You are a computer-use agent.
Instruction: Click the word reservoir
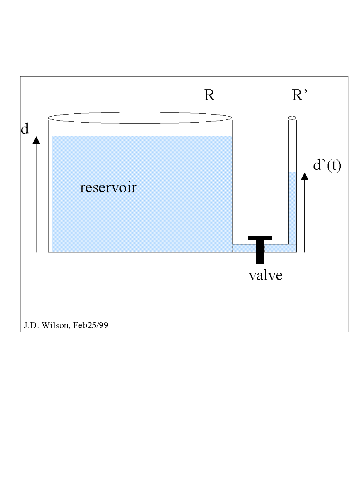point(108,188)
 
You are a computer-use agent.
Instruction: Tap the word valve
point(265,275)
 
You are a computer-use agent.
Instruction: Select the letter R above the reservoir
point(210,95)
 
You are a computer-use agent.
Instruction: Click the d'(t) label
point(327,165)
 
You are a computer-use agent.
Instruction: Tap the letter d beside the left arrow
point(25,129)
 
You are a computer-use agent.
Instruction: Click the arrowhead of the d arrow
point(36,140)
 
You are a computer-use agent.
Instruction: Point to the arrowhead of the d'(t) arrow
point(305,176)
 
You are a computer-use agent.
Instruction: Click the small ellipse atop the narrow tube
point(292,118)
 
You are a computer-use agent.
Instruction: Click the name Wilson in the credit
point(55,325)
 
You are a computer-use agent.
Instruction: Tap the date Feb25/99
point(91,325)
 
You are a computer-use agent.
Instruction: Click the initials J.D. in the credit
point(32,325)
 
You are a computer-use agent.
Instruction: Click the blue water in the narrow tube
point(292,208)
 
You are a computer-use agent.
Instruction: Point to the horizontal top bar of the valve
point(260,238)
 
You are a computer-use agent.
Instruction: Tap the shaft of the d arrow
point(36,198)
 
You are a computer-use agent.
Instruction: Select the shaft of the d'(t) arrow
point(305,216)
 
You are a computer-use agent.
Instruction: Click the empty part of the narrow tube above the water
point(292,146)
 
